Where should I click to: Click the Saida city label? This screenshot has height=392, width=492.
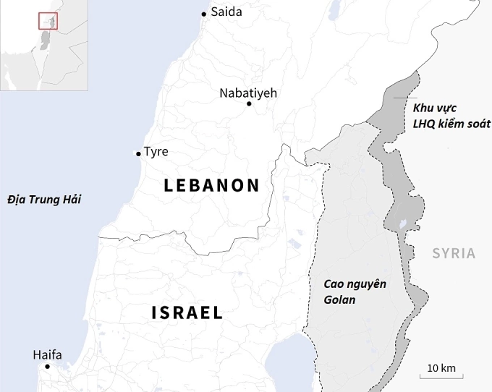(226, 12)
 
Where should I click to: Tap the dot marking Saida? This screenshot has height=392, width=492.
(204, 13)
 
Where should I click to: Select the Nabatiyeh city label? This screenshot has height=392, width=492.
(248, 93)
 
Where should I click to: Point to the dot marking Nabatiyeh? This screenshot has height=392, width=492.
(249, 104)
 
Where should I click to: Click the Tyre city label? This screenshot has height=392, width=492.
(156, 152)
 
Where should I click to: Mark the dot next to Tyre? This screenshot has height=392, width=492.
(138, 153)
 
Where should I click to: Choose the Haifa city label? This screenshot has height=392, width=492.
(47, 354)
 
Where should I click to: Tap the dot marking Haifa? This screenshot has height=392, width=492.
(48, 367)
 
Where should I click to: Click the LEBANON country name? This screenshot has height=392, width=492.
(211, 185)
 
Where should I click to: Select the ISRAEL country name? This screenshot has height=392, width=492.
(187, 312)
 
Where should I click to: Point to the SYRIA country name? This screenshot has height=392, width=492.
(454, 253)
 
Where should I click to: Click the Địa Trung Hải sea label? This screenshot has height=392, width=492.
(42, 199)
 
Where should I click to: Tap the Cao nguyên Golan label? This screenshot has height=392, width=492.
(354, 291)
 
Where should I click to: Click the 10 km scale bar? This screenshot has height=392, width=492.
(441, 373)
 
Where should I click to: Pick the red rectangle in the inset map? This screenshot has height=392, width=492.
(48, 20)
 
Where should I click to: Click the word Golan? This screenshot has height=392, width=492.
(339, 299)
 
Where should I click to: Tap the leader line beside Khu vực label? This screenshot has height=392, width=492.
(406, 97)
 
